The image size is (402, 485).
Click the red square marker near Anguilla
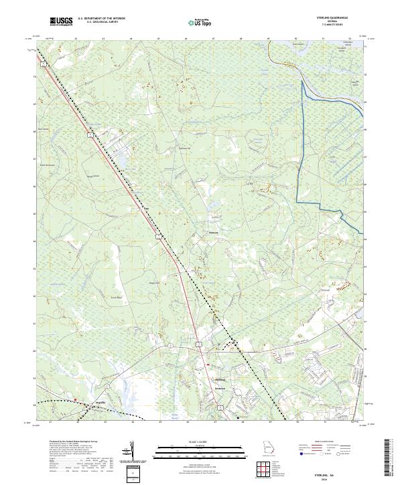[x=76, y=400]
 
